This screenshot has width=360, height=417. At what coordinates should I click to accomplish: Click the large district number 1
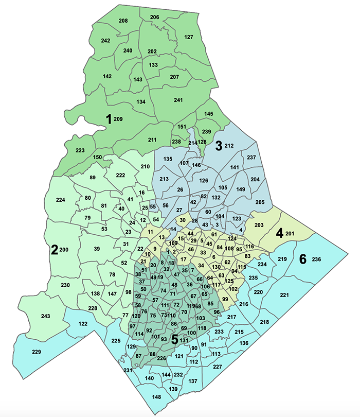pyautogui.click(x=109, y=119)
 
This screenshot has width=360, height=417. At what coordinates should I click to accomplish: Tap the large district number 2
pyautogui.click(x=54, y=250)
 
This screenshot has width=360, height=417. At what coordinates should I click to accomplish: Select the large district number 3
pyautogui.click(x=218, y=146)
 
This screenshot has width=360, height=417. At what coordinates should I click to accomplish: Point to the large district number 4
pyautogui.click(x=280, y=232)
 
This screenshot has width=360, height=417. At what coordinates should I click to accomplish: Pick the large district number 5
pyautogui.click(x=175, y=339)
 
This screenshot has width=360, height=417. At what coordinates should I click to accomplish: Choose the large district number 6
pyautogui.click(x=303, y=258)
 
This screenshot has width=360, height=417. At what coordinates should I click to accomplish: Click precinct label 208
pyautogui.click(x=123, y=21)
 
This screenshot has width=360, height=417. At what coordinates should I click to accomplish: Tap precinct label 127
pyautogui.click(x=189, y=37)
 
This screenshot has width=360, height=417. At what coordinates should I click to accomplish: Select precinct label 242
pyautogui.click(x=106, y=41)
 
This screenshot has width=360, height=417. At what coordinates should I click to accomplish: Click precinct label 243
pyautogui.click(x=45, y=316)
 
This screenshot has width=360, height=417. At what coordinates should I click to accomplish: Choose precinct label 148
pyautogui.click(x=157, y=396)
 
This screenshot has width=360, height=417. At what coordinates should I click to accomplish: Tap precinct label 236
pyautogui.click(x=316, y=259)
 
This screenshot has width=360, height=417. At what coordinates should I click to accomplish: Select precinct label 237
pyautogui.click(x=251, y=157)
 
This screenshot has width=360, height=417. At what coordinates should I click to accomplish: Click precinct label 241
pyautogui.click(x=178, y=100)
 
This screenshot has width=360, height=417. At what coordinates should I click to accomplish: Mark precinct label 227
pyautogui.click(x=218, y=367)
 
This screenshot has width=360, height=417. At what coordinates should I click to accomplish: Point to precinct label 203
pyautogui.click(x=259, y=225)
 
